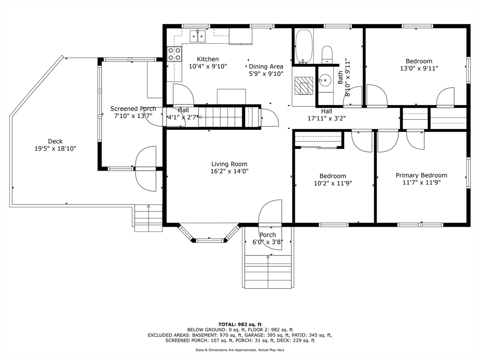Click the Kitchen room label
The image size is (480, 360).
click(x=208, y=59)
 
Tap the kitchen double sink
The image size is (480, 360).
click(x=198, y=36)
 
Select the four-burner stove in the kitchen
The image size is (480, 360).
click(x=174, y=54)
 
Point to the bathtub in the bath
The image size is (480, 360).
click(x=304, y=46)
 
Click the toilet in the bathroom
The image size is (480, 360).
click(x=327, y=54)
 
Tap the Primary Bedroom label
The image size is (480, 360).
click(x=421, y=175)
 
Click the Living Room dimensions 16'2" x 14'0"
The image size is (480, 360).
click(x=229, y=171)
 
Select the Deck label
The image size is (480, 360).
click(x=55, y=141)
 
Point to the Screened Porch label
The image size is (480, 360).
click(x=133, y=109)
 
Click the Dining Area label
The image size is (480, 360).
click(x=266, y=67)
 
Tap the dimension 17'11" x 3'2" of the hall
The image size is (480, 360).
click(x=327, y=118)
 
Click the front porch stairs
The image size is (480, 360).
click(x=268, y=271)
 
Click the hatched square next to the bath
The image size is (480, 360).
click(x=304, y=85)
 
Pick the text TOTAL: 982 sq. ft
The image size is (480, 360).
click(x=240, y=324)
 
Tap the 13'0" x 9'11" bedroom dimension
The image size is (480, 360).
click(x=419, y=68)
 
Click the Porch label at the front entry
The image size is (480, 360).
click(x=268, y=235)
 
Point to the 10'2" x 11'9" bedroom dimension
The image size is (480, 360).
click(x=333, y=183)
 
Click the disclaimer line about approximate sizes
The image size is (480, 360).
click(x=240, y=350)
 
